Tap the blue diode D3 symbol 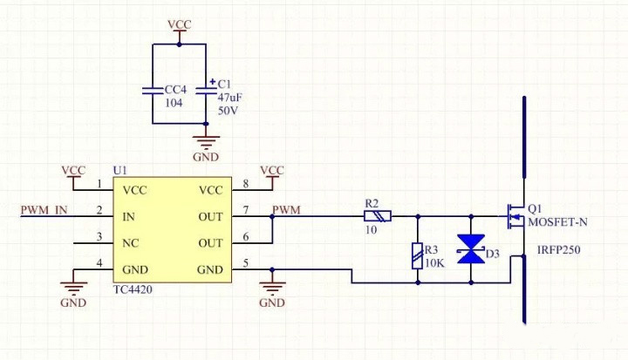tap(472, 249)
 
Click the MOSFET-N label tap(557, 222)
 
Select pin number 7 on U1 tap(246, 210)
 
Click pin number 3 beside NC tap(99, 237)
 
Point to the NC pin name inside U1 tap(133, 243)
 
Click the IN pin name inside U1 tap(129, 216)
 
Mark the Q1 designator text tap(535, 209)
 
